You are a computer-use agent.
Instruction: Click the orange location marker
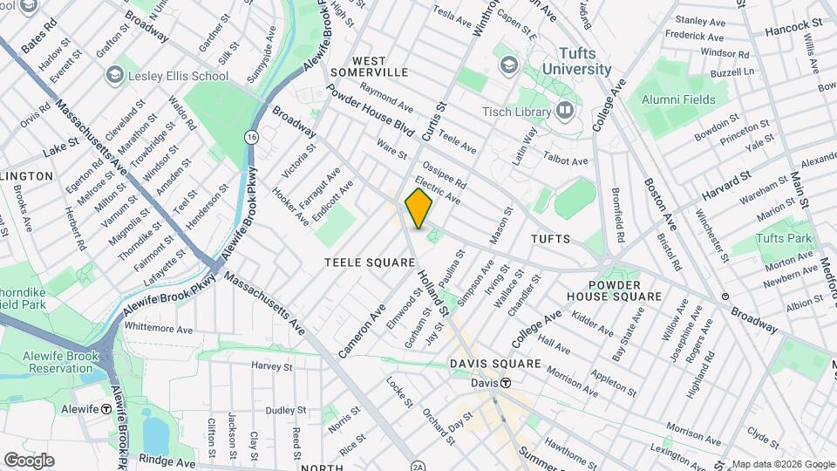(418, 209)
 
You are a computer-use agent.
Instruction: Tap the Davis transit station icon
(505, 384)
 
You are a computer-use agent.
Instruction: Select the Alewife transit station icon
(105, 408)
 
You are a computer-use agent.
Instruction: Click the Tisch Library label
(517, 112)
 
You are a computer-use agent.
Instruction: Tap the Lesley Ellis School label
(178, 76)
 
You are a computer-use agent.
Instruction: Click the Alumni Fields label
(678, 99)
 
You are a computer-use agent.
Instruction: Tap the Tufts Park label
(784, 238)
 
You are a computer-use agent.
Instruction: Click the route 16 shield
(252, 137)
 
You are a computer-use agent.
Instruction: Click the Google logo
(29, 460)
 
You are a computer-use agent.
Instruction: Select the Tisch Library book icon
(565, 111)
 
